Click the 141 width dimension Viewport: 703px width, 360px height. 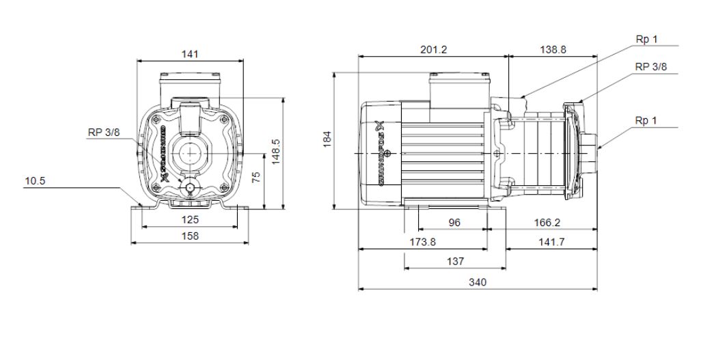coord(191,54)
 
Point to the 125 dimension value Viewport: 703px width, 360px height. coord(190,220)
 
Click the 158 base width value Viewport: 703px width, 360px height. coord(190,236)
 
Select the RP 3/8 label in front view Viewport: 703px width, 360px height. coord(103,133)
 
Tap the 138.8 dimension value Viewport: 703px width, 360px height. coord(553,51)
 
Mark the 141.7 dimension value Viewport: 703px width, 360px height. coord(551,242)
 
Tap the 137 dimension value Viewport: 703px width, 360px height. coord(455,261)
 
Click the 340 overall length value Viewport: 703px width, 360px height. coord(478,282)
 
